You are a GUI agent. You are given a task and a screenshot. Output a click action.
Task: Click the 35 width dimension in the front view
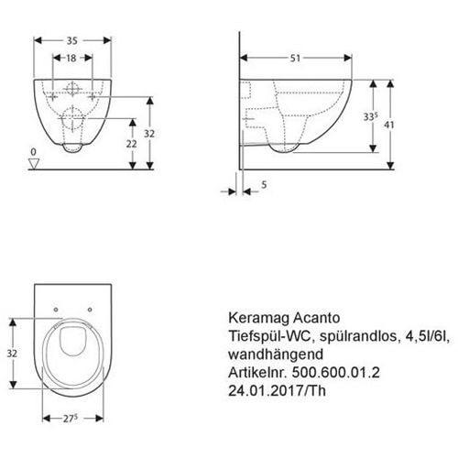click(x=72, y=40)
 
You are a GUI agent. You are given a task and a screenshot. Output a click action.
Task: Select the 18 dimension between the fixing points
click(x=71, y=58)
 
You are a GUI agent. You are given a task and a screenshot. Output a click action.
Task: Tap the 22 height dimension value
click(x=132, y=144)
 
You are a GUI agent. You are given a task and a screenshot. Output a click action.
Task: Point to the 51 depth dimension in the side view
click(x=295, y=58)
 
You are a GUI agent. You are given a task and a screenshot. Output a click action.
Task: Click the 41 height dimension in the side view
click(x=389, y=125)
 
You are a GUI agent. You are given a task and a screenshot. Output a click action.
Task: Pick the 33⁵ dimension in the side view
click(x=370, y=116)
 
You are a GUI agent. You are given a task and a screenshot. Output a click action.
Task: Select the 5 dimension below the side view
click(x=264, y=185)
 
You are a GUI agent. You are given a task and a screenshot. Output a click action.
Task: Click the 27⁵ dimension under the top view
click(x=71, y=419)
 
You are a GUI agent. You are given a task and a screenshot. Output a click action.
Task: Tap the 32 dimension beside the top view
click(x=12, y=354)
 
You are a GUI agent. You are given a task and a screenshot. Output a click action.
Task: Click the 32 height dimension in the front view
click(x=149, y=134)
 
